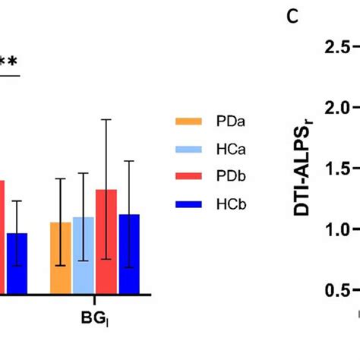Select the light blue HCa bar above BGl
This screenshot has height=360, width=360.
pos(84,255)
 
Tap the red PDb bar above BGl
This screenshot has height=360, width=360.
pos(106,242)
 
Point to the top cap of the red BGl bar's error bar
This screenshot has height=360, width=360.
pos(106,120)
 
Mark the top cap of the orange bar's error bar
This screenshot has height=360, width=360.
pos(61,179)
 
